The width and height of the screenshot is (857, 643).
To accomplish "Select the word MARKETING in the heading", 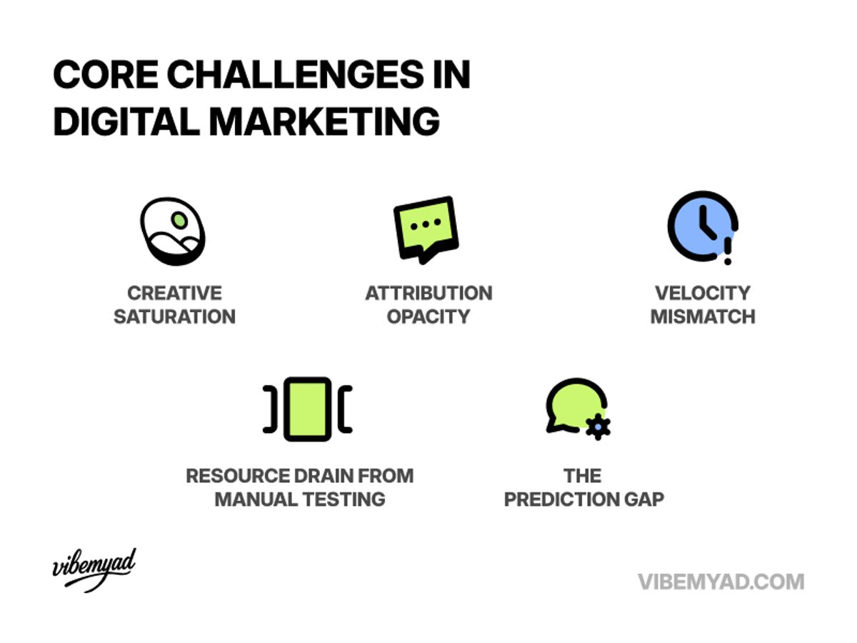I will [326, 121].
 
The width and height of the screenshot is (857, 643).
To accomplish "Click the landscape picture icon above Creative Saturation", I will [173, 231].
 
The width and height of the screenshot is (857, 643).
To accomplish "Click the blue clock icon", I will [699, 226].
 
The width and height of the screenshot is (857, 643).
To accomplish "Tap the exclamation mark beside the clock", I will [728, 250].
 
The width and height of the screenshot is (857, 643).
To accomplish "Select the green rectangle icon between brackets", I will [308, 409].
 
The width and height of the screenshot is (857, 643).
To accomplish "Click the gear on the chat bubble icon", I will [597, 426].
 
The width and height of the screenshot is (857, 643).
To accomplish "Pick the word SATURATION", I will [174, 316].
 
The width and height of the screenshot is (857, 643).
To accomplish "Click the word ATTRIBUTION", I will [428, 293].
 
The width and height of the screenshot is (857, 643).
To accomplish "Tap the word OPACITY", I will [428, 316].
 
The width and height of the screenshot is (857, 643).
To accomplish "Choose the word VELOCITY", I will [703, 293].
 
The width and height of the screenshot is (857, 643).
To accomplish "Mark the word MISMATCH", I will [703, 316].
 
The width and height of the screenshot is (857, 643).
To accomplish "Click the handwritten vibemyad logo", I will [94, 569].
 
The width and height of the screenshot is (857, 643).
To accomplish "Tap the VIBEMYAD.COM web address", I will [721, 582].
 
